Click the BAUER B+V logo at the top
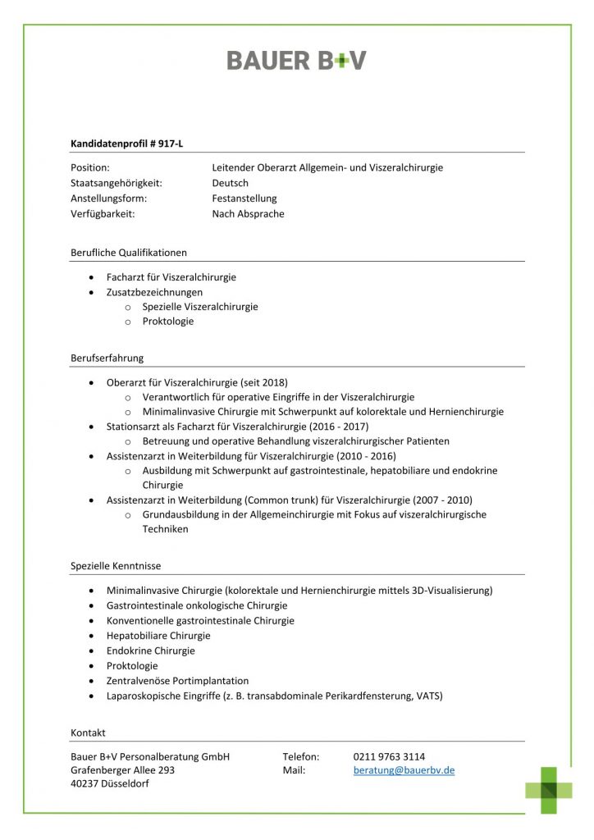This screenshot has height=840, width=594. click(296, 60)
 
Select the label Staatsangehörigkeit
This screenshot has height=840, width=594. click(117, 183)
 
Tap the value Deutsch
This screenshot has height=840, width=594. click(230, 183)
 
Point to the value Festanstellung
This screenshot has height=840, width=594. click(244, 199)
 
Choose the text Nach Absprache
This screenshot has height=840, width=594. click(248, 214)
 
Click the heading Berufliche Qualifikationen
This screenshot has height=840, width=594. click(129, 253)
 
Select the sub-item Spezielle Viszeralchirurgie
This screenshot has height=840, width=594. click(200, 307)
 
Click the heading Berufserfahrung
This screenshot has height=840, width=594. click(107, 358)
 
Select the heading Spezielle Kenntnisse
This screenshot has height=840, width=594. click(116, 566)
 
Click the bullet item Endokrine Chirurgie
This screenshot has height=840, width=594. click(151, 651)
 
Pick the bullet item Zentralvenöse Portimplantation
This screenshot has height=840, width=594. click(177, 681)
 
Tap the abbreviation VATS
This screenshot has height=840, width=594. click(427, 696)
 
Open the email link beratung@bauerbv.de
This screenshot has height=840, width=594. click(404, 771)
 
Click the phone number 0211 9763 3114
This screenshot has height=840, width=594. click(389, 756)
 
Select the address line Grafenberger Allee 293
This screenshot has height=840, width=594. click(123, 771)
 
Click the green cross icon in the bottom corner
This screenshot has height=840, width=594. click(549, 790)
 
